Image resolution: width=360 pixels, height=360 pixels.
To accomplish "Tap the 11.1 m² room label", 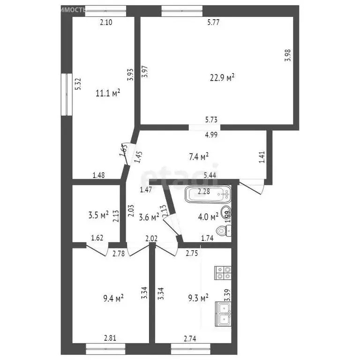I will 108,93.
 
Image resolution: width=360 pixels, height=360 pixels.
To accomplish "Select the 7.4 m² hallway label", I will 199,156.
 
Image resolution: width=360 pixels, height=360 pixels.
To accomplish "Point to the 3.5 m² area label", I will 99,215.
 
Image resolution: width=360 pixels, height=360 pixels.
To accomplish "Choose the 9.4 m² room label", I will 113,298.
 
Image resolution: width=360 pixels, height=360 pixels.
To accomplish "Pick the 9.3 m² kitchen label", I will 198,298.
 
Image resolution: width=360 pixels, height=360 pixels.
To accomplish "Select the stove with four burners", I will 223,273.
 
